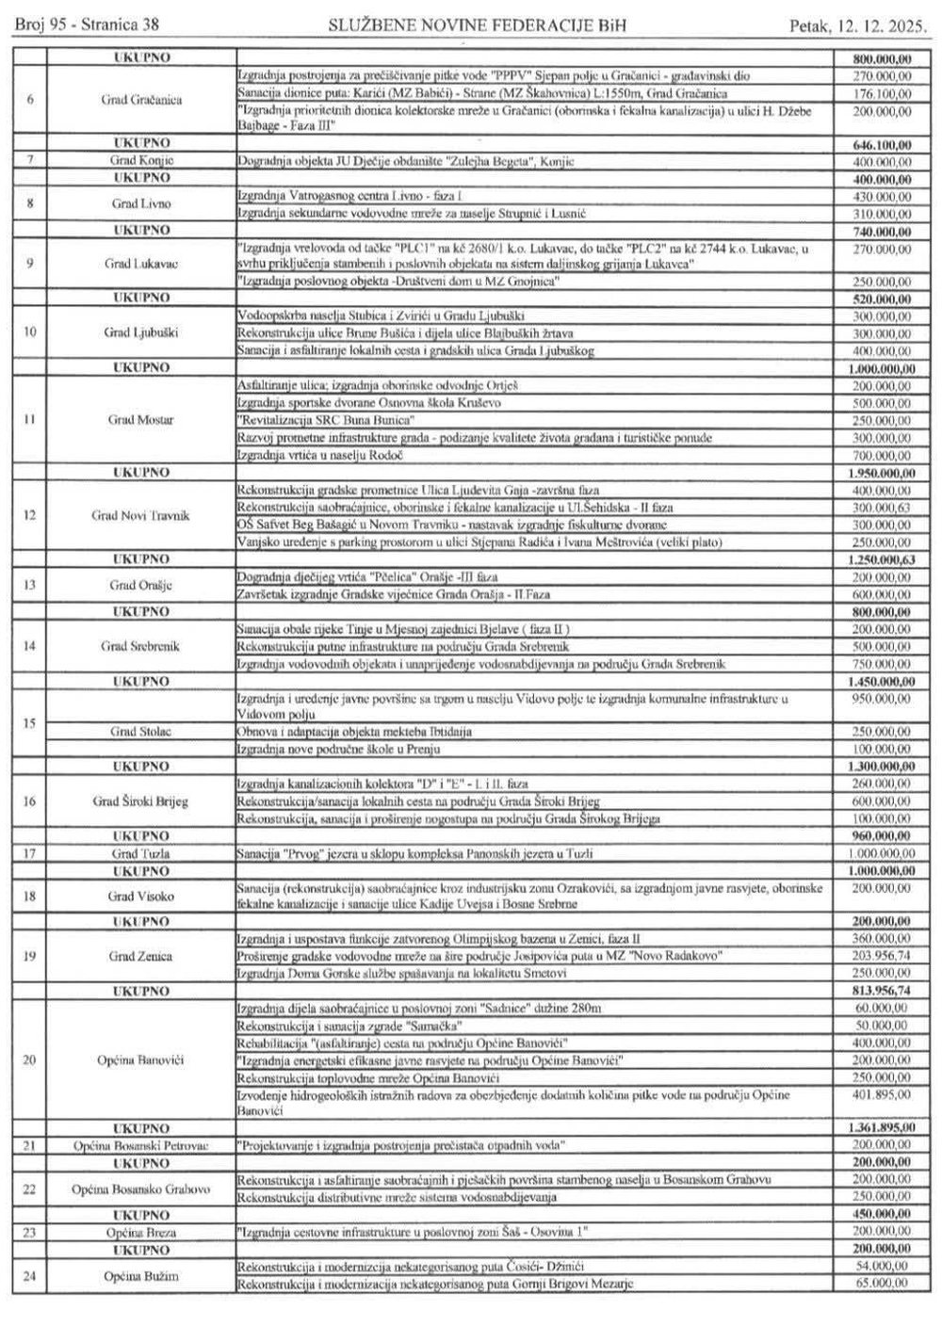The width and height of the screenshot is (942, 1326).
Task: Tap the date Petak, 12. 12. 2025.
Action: (857, 27)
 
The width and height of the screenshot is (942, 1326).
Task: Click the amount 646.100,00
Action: (879, 146)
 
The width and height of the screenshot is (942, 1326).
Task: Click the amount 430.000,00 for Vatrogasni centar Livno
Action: (879, 196)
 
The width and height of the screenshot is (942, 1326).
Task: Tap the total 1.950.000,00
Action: (879, 471)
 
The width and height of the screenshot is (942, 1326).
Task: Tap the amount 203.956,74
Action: (879, 956)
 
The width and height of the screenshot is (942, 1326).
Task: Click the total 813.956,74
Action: (879, 991)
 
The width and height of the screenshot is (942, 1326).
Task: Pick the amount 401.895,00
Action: (879, 1094)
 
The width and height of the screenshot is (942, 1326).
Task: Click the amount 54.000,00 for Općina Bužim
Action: (879, 1267)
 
